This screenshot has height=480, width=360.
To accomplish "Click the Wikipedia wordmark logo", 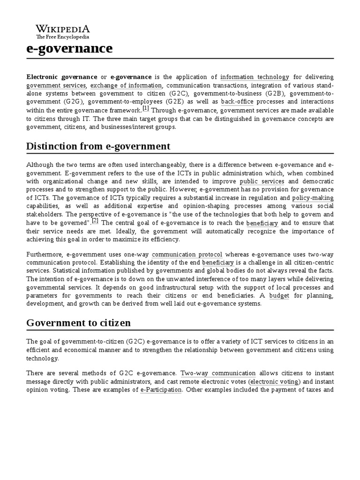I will pyautogui.click(x=63, y=29).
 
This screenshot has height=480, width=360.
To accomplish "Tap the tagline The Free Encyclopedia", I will pyautogui.click(x=63, y=37).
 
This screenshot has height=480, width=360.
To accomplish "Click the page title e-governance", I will pyautogui.click(x=69, y=48).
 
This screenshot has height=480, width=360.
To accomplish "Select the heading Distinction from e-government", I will pyautogui.click(x=98, y=146).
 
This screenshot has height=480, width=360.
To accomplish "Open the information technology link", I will pyautogui.click(x=255, y=77).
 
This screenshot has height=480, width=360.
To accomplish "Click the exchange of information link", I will pyautogui.click(x=126, y=85).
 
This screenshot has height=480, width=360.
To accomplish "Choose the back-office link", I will pyautogui.click(x=237, y=101).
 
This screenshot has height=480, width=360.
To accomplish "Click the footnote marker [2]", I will pyautogui.click(x=95, y=221).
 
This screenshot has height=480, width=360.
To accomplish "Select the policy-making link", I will pyautogui.click(x=313, y=198).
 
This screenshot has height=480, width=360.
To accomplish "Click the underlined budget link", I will pyautogui.click(x=279, y=296).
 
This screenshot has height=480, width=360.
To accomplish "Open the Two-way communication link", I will pyautogui.click(x=218, y=373).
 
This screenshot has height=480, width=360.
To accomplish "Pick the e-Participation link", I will pyautogui.click(x=161, y=390).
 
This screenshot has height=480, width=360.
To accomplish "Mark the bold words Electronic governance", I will pyautogui.click(x=62, y=77).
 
